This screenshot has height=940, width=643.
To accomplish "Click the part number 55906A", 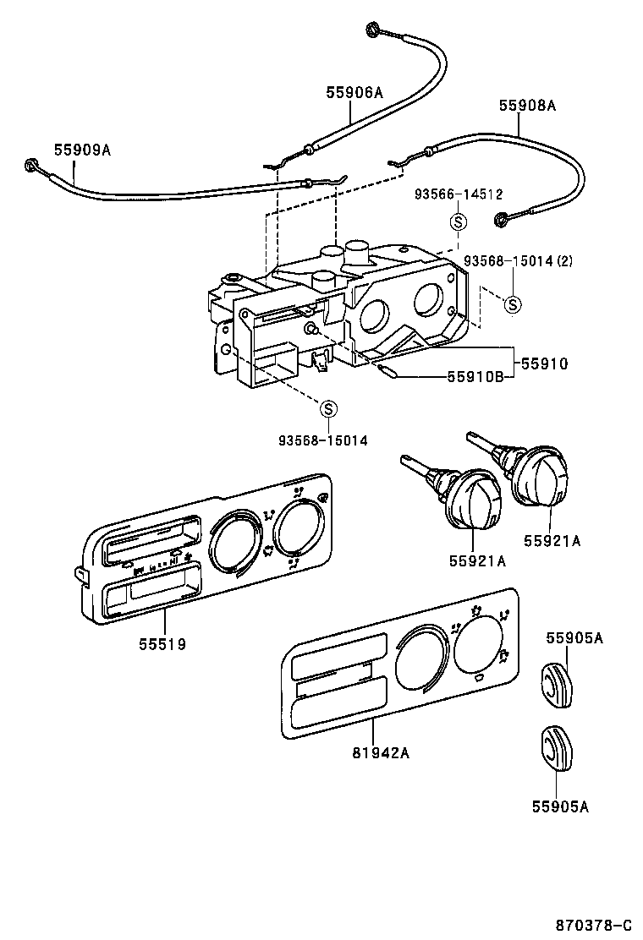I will [354, 92].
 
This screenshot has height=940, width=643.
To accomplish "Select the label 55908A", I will [526, 106].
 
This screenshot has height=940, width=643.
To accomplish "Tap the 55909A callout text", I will [82, 150].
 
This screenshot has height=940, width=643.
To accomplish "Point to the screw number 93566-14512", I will [459, 194].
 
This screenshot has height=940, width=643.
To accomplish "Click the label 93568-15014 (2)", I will [518, 260].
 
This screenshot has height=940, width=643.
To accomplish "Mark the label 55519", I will [162, 644].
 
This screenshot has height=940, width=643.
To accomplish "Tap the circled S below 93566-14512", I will [458, 222].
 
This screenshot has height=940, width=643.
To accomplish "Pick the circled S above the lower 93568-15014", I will [328, 409].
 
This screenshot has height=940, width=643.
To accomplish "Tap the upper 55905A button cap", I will [556, 683].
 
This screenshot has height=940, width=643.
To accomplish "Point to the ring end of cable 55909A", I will [32, 166].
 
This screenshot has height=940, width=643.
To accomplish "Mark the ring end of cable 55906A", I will [373, 30].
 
